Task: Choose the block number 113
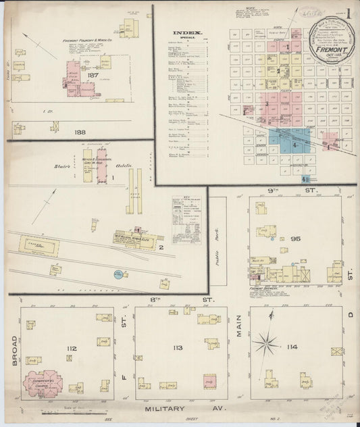(x=178, y=349)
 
